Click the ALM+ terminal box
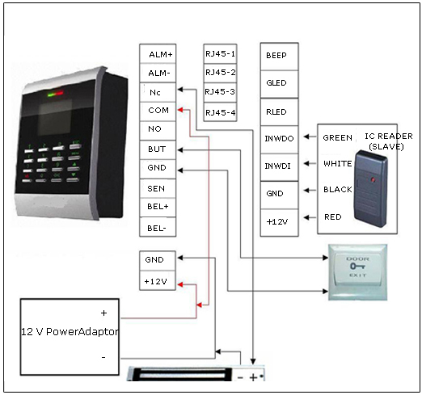(158, 54)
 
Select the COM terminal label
(158, 110)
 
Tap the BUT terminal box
(158, 149)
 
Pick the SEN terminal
(158, 188)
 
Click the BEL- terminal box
(158, 227)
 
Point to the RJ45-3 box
(220, 92)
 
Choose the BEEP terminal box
(279, 57)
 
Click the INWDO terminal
(279, 140)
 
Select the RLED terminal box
(279, 112)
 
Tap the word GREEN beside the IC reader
(337, 138)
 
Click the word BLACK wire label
(338, 190)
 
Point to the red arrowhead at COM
(180, 110)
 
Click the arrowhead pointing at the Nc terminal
(180, 90)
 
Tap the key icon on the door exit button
(357, 267)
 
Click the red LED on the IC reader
(373, 179)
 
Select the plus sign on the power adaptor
(103, 313)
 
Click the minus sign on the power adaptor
(103, 358)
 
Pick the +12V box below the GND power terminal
(158, 280)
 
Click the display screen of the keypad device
(55, 117)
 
